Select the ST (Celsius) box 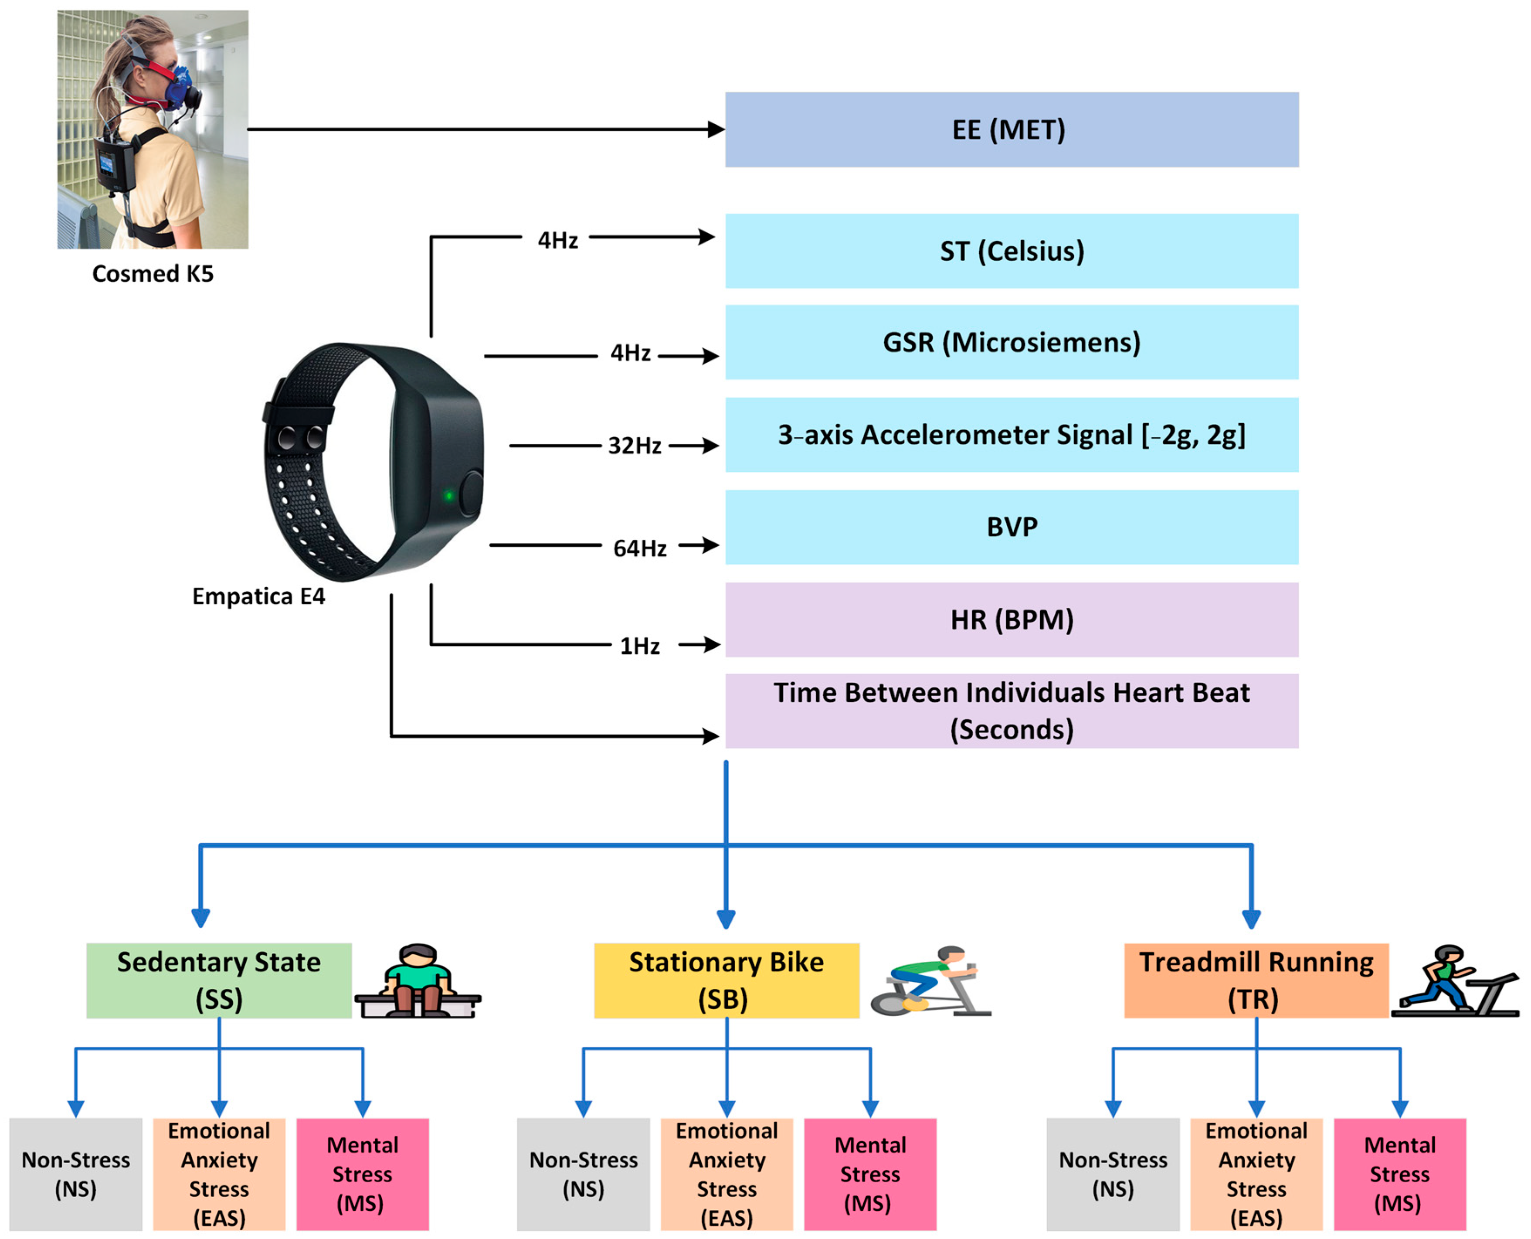click(1011, 251)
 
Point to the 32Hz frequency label click(634, 446)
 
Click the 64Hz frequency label click(639, 548)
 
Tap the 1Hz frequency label click(639, 646)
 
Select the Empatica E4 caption click(258, 596)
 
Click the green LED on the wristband click(449, 495)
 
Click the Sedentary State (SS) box click(219, 980)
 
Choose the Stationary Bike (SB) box click(726, 980)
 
